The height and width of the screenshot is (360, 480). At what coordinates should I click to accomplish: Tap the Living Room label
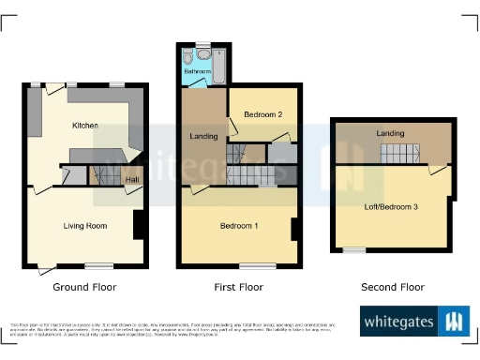coord(85,225)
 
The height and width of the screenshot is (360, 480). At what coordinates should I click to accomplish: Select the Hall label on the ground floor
coord(132,178)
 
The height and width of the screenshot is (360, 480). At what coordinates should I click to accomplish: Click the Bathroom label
coord(197,71)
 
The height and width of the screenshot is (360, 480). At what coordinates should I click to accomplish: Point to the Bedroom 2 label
coord(263,114)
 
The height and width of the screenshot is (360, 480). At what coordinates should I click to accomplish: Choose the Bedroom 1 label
coord(240,226)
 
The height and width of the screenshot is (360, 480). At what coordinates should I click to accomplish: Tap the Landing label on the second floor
coord(391,133)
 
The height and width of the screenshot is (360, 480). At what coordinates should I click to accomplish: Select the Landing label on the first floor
coord(203,137)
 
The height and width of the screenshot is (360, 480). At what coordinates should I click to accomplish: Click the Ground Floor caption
coord(84,287)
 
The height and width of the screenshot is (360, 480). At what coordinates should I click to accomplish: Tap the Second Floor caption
coord(393,287)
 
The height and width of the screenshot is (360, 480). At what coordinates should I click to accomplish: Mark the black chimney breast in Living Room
coord(139,225)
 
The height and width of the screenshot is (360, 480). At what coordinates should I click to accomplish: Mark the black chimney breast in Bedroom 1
coord(293,230)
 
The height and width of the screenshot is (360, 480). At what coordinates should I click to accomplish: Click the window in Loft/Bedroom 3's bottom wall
coord(353,250)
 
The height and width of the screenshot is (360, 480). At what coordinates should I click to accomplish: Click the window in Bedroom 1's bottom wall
coord(249,267)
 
